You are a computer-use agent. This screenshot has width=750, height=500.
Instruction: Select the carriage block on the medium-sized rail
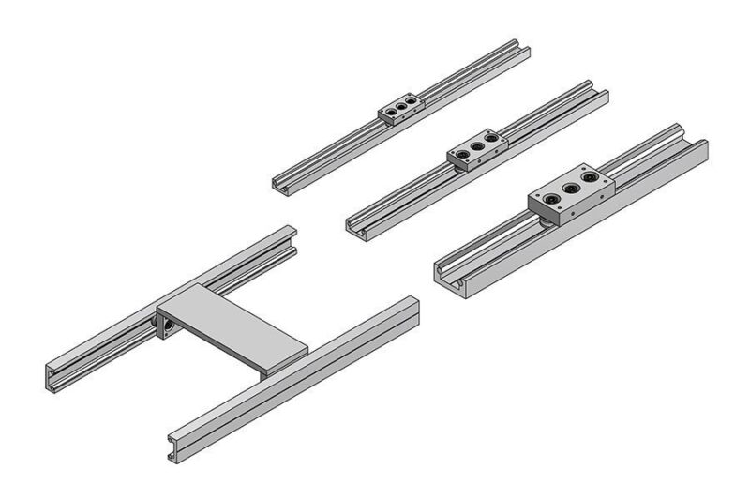(x=475, y=150)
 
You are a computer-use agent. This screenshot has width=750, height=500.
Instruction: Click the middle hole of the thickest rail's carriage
(x=567, y=188)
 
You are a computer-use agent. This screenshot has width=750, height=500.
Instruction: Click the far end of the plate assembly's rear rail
(x=290, y=234)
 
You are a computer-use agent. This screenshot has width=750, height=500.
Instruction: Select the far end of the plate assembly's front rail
(x=412, y=304)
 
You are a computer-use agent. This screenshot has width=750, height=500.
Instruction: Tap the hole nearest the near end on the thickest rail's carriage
(x=545, y=198)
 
